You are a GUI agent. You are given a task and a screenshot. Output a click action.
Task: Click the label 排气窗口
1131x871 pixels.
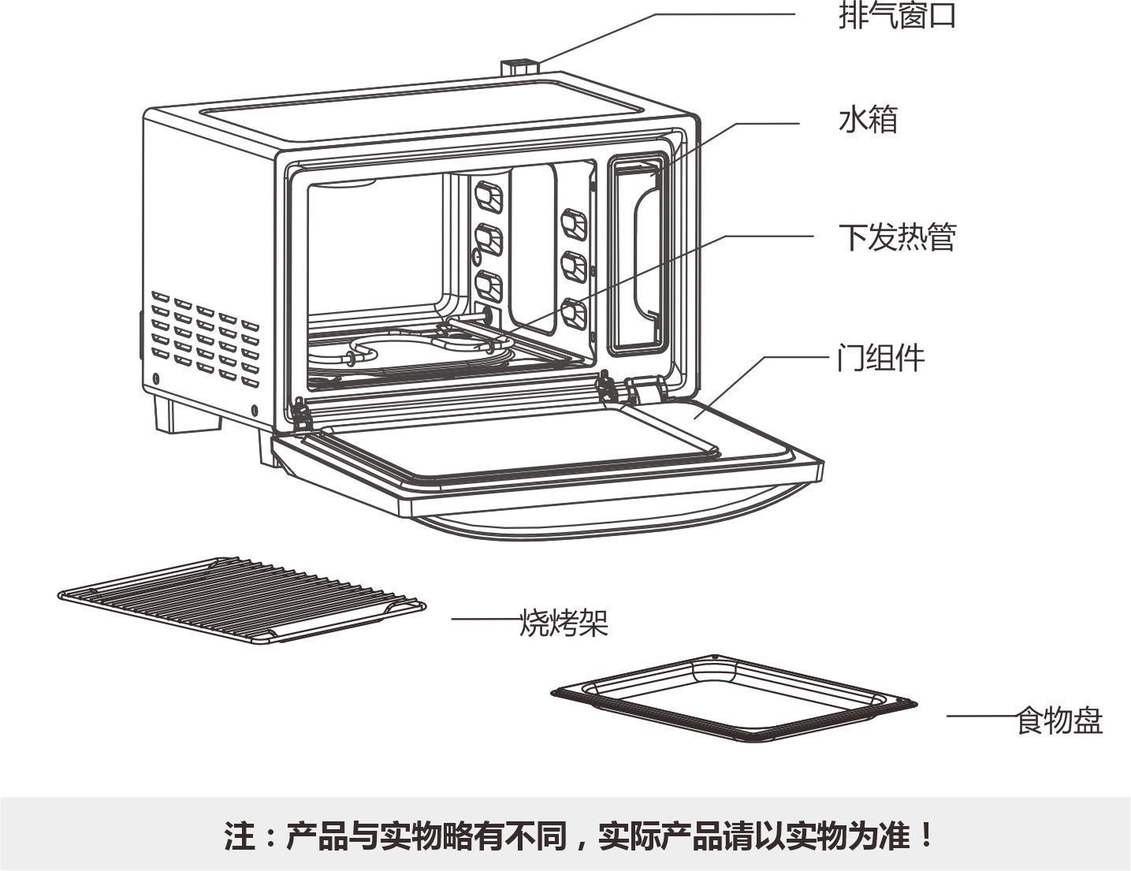tap(897, 16)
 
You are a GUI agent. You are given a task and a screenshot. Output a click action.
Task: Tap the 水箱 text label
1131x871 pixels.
tap(869, 120)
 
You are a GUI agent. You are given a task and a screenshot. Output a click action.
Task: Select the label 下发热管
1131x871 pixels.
tap(897, 237)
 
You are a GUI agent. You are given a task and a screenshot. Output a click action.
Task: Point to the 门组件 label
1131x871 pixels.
tap(880, 358)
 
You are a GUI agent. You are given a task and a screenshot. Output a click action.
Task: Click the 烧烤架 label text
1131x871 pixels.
tap(564, 622)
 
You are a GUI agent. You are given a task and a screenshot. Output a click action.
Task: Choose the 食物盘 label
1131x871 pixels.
tap(1059, 720)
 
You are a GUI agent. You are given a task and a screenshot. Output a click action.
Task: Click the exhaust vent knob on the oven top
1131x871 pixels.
tap(519, 68)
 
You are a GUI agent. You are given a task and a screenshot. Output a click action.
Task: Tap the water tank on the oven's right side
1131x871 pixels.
tap(638, 255)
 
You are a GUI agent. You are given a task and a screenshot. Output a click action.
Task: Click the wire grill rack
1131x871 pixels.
tap(242, 601)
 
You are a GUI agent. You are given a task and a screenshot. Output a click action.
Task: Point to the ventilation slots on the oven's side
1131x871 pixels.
tap(205, 338)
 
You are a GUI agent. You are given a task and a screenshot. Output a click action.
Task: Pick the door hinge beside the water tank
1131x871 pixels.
tap(647, 389)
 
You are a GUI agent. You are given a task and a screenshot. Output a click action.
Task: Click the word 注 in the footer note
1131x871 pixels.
tap(240, 836)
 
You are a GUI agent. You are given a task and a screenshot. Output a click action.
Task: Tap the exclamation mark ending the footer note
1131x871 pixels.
tap(925, 835)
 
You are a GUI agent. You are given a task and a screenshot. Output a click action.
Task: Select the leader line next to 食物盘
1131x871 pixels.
tap(981, 717)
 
